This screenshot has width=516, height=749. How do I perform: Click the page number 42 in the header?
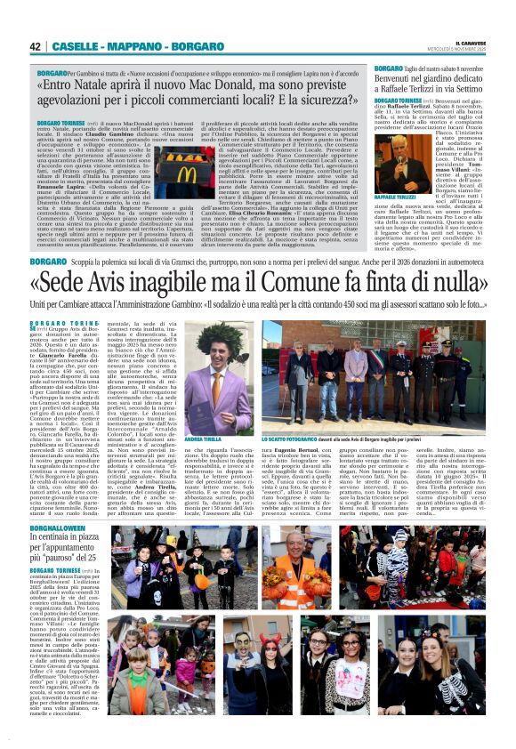36,46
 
